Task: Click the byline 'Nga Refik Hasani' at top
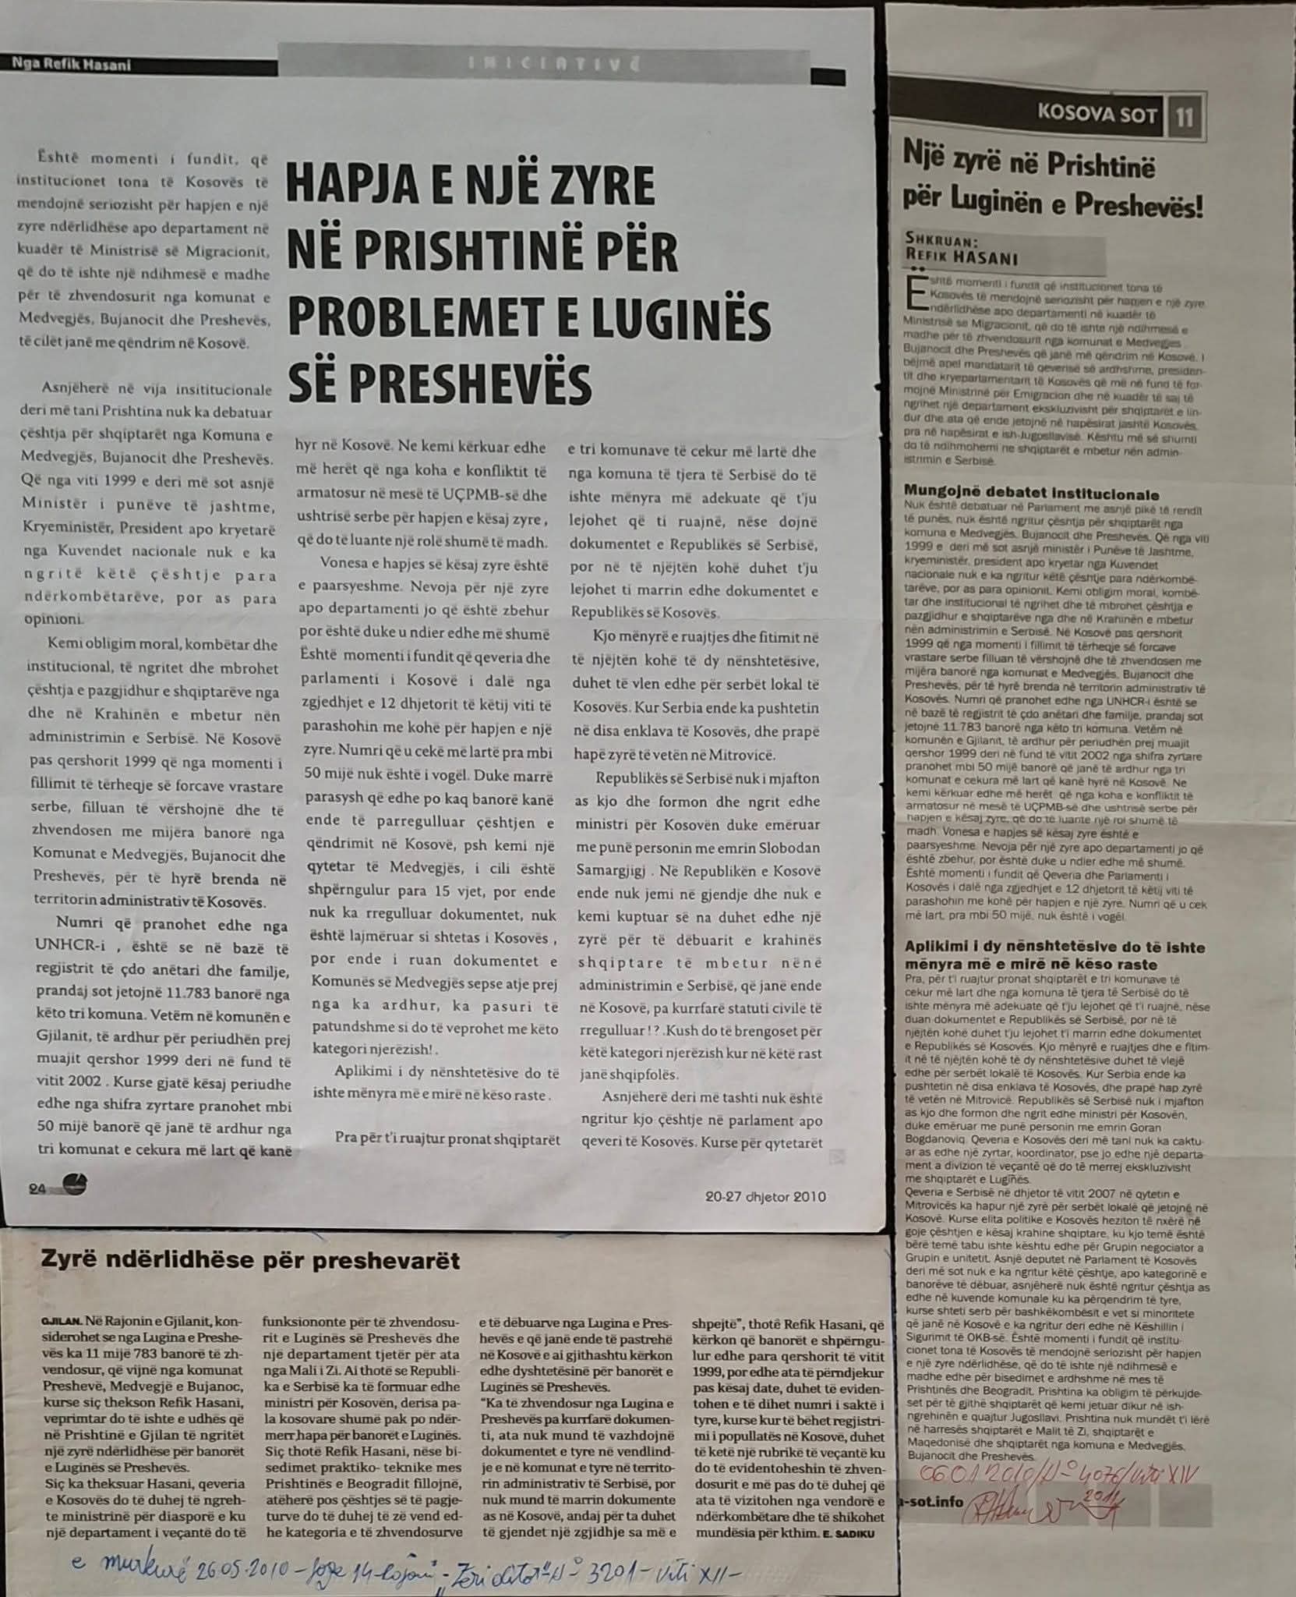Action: coord(72,65)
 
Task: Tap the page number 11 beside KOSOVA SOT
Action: coord(1185,118)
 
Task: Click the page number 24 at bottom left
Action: coord(37,1188)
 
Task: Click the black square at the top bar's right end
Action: coord(828,76)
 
